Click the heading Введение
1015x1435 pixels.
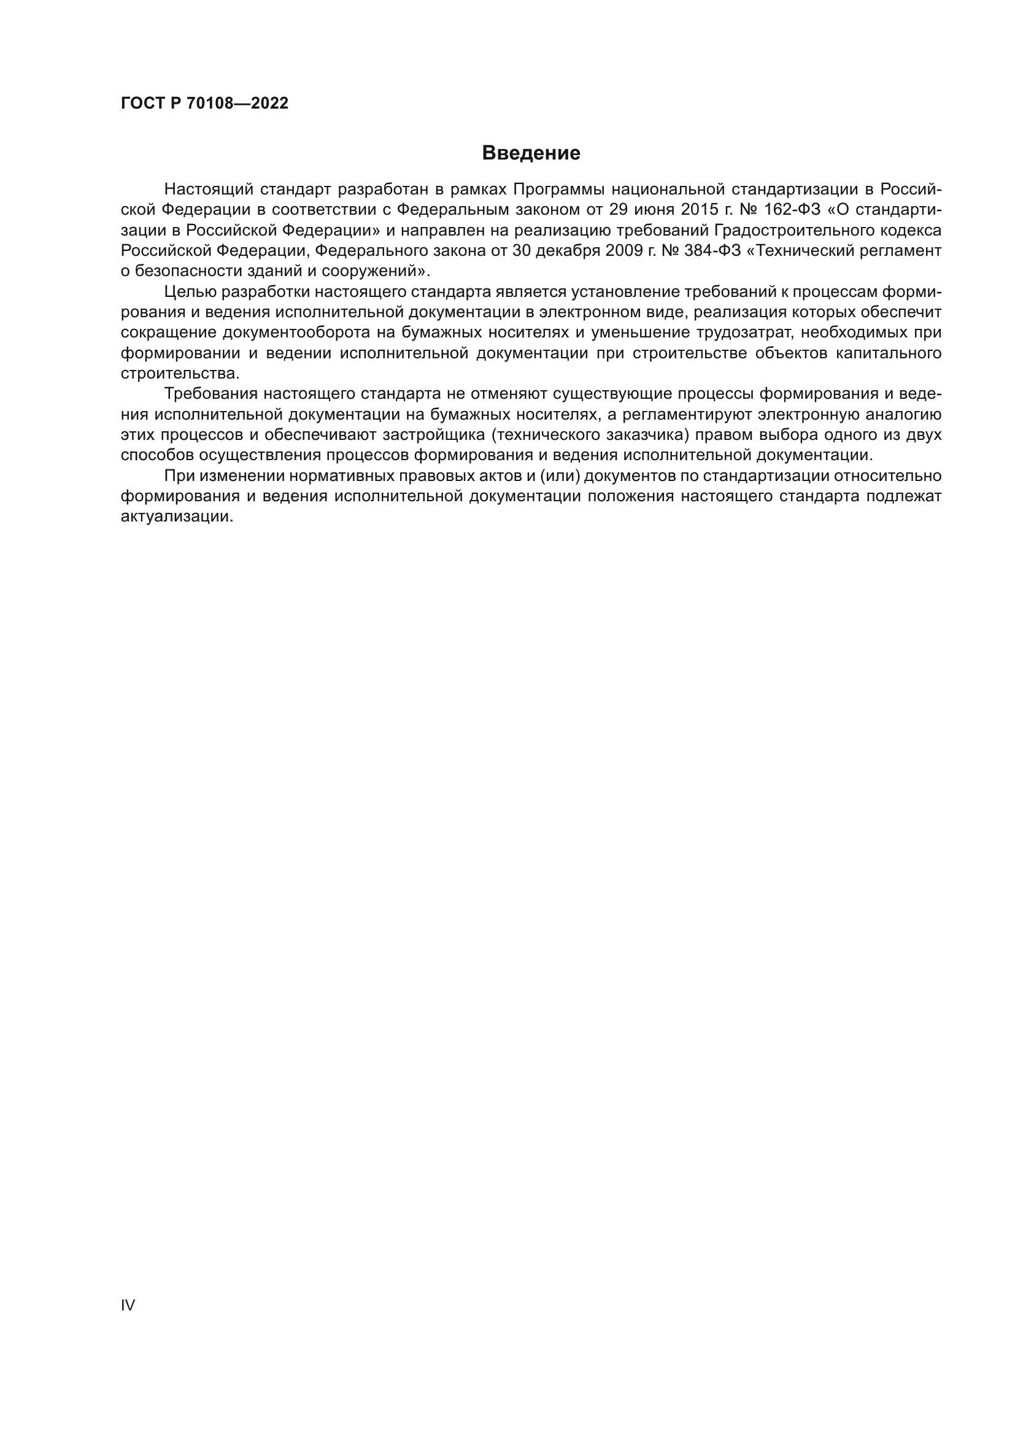pyautogui.click(x=531, y=153)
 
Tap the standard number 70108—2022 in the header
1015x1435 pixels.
pyautogui.click(x=238, y=104)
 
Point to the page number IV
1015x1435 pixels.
pyautogui.click(x=128, y=1305)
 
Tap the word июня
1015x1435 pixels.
pyautogui.click(x=655, y=209)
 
